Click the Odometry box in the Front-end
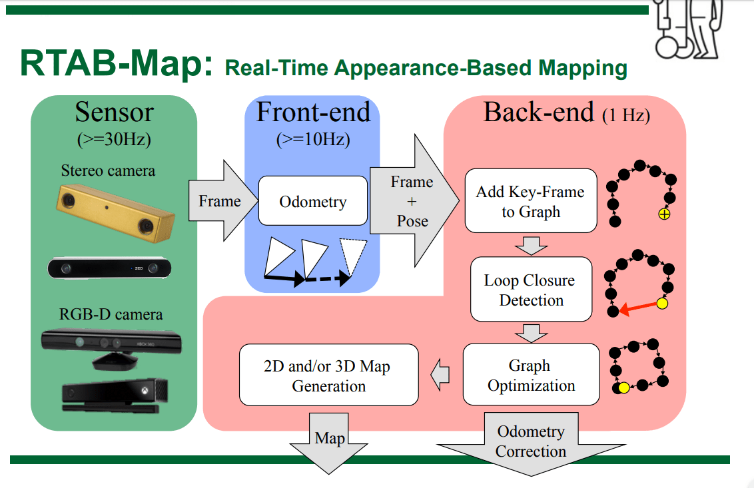[x=313, y=200]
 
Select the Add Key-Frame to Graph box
[x=531, y=200]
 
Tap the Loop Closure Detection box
[x=531, y=289]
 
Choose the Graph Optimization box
[x=531, y=375]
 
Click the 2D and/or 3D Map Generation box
[x=329, y=375]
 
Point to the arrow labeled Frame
[x=223, y=200]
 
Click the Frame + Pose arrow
[x=414, y=200]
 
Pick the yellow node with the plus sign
[x=664, y=214]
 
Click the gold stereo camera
[x=115, y=212]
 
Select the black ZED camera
[x=109, y=268]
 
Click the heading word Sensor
[x=115, y=112]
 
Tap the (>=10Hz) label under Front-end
[x=313, y=139]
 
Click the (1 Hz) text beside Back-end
[x=626, y=115]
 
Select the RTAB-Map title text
[x=116, y=63]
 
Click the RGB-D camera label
[x=111, y=314]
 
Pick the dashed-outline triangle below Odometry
[x=353, y=256]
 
